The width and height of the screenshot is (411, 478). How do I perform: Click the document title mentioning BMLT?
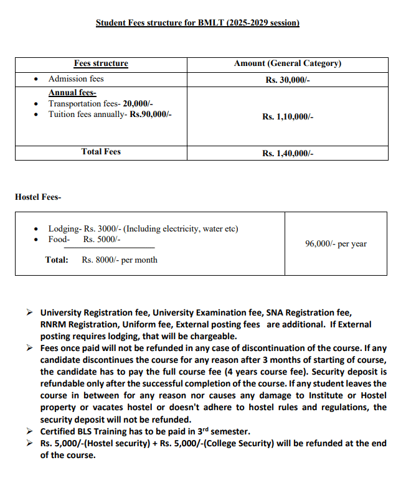click(x=197, y=22)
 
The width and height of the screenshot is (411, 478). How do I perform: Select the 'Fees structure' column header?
click(x=101, y=63)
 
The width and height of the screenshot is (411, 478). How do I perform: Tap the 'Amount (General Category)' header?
click(x=287, y=63)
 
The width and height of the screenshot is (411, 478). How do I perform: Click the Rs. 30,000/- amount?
click(x=287, y=80)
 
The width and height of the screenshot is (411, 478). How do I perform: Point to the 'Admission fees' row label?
click(x=76, y=79)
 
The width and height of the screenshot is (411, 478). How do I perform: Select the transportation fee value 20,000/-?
click(x=138, y=103)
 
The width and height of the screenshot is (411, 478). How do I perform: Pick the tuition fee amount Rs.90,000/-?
click(x=151, y=115)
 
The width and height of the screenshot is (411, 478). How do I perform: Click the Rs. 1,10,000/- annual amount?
click(x=287, y=116)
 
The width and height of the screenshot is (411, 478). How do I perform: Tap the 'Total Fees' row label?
click(x=101, y=152)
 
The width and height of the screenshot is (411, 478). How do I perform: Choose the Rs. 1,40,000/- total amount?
click(x=287, y=153)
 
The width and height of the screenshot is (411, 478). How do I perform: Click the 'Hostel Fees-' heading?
click(x=38, y=197)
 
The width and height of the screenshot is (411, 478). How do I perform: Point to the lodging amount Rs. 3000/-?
click(x=103, y=229)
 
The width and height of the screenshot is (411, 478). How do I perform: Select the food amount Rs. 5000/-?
click(x=102, y=240)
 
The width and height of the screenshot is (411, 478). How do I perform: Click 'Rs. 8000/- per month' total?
click(x=120, y=260)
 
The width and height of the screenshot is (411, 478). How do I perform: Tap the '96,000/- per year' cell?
click(x=336, y=244)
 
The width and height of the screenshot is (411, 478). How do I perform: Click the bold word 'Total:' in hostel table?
click(x=57, y=260)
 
